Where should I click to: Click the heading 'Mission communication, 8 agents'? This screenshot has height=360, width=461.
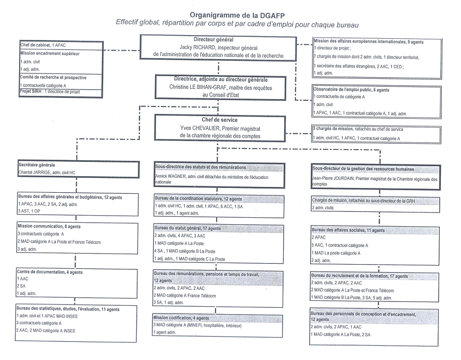49,226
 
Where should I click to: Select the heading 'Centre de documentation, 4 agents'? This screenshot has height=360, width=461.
50,272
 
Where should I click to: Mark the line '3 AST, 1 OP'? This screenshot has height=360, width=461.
30,211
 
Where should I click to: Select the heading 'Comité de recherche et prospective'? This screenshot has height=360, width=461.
53,77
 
